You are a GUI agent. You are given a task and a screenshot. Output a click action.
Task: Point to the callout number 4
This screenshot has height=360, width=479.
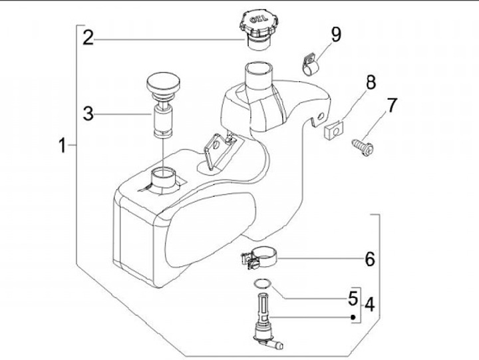pos(369,303)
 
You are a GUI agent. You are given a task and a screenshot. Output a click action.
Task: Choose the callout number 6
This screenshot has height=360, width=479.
pos(369,258)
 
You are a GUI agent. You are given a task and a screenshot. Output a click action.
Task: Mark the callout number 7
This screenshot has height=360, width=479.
pos(392,105)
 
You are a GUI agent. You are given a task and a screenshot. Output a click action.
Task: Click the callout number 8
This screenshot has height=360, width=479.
pos(370,83)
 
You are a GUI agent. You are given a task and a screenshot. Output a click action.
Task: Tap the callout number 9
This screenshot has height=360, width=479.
pos(336,34)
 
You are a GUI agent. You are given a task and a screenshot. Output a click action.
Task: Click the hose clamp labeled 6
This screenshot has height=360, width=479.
pos(257,257)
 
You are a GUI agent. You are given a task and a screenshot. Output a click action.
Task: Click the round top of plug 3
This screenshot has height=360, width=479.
pos(162,85)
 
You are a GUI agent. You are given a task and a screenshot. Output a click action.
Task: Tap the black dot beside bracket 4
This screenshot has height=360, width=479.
pos(353,317)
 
